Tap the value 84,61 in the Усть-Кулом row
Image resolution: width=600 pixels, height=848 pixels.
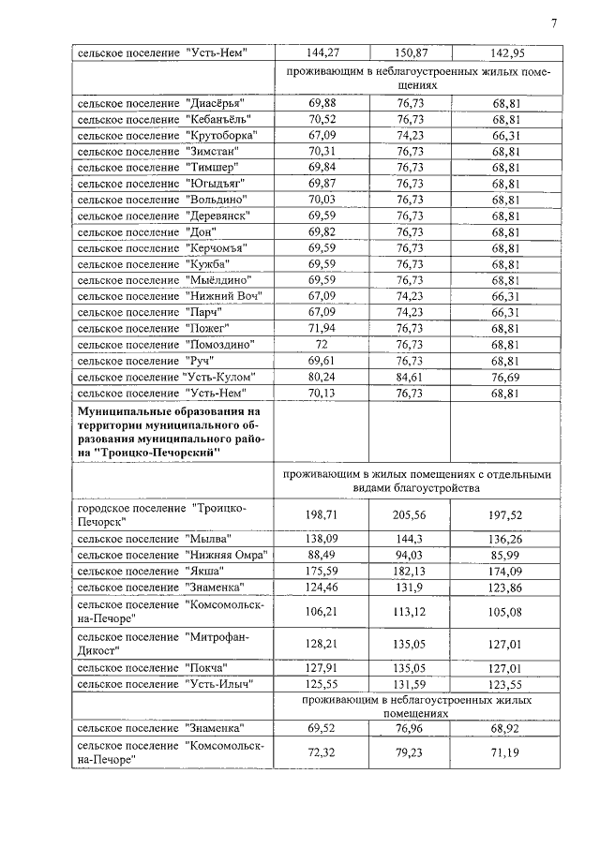(x=411, y=377)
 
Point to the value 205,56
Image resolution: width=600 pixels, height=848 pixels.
(x=411, y=515)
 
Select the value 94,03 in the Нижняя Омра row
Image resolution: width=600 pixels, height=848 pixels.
(x=411, y=556)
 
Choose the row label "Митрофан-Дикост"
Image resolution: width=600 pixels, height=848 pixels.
(x=172, y=644)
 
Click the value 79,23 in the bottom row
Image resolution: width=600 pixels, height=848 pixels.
(x=411, y=751)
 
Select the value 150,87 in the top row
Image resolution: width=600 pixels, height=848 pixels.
(x=411, y=52)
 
